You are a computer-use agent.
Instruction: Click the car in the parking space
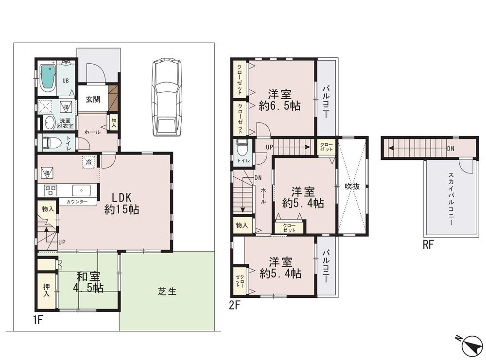(166, 97)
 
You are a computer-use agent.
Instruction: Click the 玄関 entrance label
(93, 99)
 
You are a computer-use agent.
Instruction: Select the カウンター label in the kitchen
(77, 202)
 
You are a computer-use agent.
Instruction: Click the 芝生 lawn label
(167, 291)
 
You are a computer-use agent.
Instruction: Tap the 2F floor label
(235, 306)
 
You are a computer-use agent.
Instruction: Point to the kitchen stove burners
(51, 189)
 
